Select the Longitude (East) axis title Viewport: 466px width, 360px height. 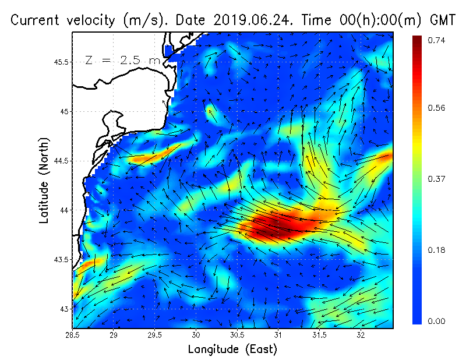232,350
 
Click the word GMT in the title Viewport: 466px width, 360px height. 441,20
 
